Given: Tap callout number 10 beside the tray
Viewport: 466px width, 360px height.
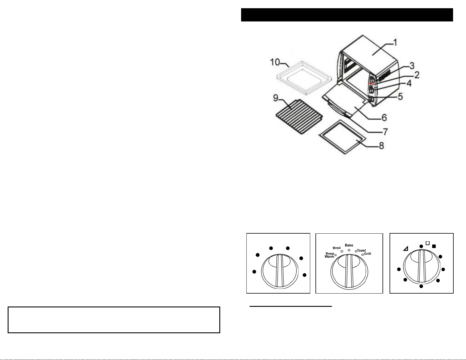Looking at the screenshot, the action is click(275, 62).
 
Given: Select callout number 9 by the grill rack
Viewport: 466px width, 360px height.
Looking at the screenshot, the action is click(275, 98).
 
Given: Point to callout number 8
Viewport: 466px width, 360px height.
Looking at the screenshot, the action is click(381, 146).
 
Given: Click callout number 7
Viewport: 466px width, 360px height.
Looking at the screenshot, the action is click(385, 132).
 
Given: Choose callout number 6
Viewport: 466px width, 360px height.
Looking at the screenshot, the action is click(384, 118).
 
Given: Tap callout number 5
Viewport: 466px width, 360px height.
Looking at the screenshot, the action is click(400, 97).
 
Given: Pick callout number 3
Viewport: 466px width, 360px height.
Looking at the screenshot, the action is click(412, 66).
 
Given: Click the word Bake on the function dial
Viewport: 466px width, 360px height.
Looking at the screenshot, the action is click(349, 245).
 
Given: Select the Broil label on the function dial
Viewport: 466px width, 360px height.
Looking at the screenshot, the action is click(336, 248).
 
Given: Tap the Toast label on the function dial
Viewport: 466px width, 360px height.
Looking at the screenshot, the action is click(362, 250).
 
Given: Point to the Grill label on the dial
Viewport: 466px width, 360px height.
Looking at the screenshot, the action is click(368, 254).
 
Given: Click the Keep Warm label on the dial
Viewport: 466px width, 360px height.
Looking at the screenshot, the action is click(329, 255).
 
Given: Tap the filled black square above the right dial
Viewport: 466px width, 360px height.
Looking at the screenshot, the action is click(434, 246).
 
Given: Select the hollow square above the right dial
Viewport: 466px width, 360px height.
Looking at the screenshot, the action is click(427, 243).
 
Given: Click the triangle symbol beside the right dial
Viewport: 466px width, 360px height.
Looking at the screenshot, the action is click(406, 249).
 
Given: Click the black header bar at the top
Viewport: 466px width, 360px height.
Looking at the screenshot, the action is click(347, 15).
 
